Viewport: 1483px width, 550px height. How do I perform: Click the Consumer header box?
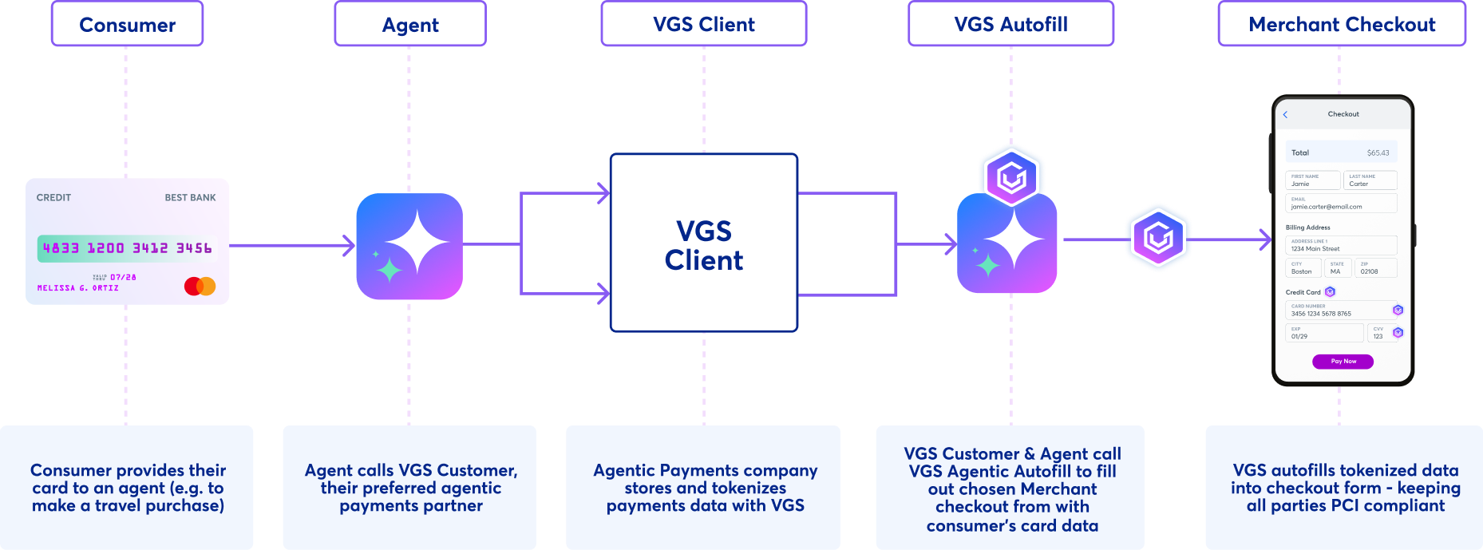128,25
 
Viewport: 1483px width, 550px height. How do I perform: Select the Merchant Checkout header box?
1342,25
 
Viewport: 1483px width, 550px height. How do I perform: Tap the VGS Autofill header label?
1010,25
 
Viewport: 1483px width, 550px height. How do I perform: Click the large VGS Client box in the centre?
704,243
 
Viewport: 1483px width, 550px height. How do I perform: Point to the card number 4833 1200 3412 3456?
128,248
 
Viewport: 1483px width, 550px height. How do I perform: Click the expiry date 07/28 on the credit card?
123,277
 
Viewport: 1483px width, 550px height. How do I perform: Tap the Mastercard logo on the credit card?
200,286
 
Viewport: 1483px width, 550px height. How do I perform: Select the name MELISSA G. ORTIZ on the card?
77,288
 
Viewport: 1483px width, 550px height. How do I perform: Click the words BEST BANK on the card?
190,197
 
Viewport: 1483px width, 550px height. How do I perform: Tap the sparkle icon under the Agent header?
409,246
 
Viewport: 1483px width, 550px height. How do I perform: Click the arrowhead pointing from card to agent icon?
349,245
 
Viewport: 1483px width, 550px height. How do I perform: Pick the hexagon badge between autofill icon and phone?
1158,237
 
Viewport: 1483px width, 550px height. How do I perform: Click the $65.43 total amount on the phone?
1378,152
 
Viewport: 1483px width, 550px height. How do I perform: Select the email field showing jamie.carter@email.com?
1341,204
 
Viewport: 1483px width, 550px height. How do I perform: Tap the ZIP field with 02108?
1375,268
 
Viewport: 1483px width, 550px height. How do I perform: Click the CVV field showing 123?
1378,333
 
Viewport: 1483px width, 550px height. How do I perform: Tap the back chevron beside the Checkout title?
1285,115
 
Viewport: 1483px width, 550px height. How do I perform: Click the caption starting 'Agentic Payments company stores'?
704,488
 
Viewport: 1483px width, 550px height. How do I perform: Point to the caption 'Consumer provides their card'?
128,488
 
